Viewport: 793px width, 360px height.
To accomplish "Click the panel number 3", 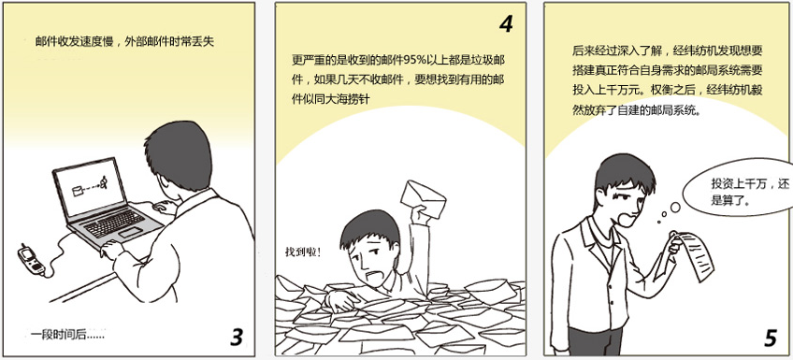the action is coord(237,338).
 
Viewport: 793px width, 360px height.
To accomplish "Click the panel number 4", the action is coord(506,23).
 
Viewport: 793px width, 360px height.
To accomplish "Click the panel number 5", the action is coord(770,338).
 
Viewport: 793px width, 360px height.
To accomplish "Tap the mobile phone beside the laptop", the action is coord(31,260).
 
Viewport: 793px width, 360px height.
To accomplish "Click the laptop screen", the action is coord(91,185).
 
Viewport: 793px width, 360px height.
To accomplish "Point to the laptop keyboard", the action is coord(114,223).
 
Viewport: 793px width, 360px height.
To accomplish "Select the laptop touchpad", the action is coord(131,233).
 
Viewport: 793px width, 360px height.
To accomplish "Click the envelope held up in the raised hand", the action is coord(424,199).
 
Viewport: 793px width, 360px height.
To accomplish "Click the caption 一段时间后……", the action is coord(67,334).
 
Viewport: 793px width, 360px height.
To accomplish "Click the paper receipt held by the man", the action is coord(696,256).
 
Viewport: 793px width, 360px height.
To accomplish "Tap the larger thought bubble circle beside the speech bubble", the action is coord(675,207).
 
